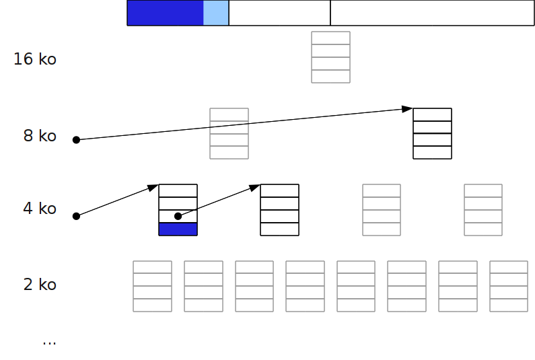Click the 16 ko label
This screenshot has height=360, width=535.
35,59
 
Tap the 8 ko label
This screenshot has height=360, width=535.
40,136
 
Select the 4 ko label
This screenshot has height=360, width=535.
40,209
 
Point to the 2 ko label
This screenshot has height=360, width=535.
40,285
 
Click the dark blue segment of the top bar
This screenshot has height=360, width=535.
165,13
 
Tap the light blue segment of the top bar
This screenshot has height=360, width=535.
216,13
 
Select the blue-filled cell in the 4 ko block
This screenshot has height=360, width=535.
178,229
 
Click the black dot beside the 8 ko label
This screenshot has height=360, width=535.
76,140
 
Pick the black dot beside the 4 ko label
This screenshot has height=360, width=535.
76,216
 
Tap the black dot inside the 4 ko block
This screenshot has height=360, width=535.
178,216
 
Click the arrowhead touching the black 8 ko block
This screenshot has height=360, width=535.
407,109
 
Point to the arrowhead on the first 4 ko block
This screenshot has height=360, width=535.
153,187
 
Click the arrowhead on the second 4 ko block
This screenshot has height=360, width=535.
255,187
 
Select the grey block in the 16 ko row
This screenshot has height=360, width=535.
330,57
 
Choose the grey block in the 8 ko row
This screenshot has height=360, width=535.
229,133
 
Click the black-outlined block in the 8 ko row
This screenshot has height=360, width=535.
432,133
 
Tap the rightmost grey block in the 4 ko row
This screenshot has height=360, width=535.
483,210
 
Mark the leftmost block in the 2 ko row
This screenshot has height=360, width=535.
153,286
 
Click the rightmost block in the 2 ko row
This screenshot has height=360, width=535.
509,286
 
